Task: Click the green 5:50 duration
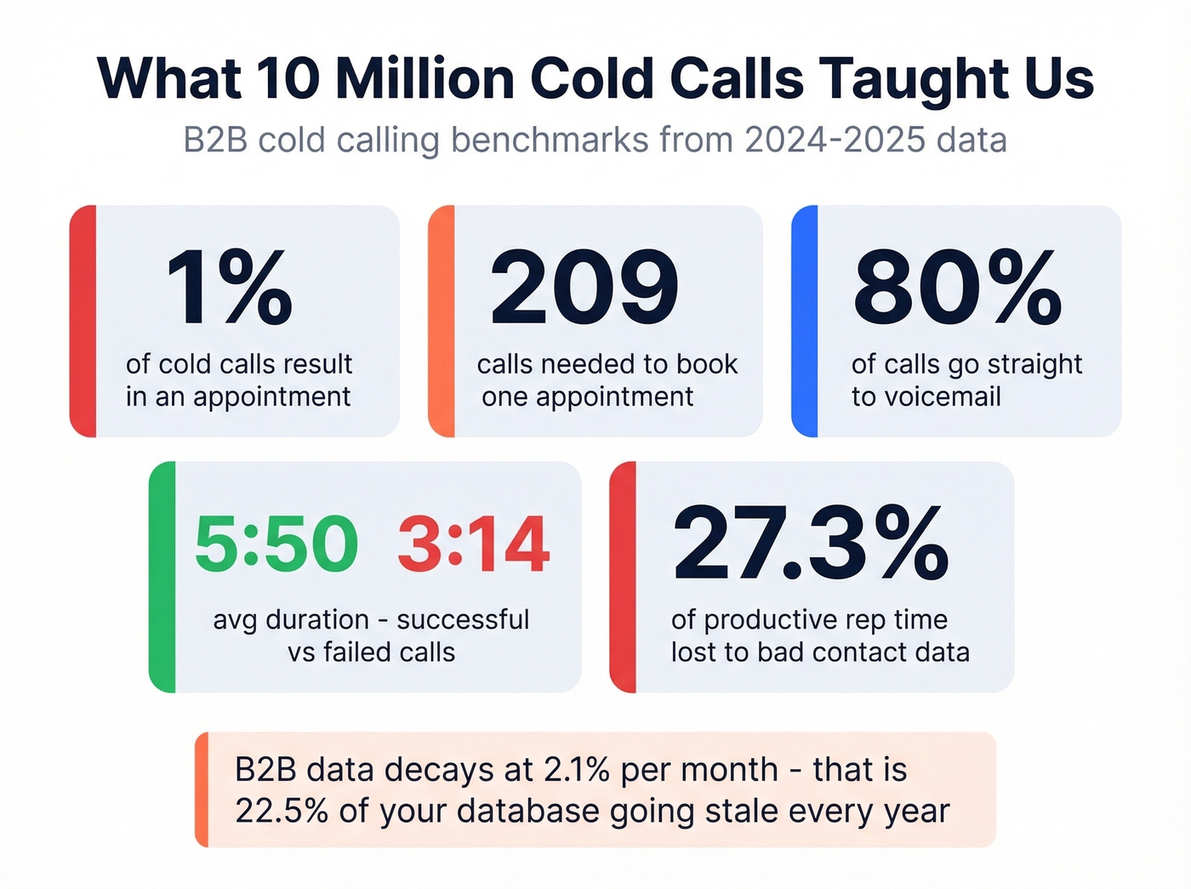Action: pyautogui.click(x=276, y=544)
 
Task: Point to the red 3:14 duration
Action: pyautogui.click(x=474, y=544)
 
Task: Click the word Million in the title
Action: pyautogui.click(x=425, y=78)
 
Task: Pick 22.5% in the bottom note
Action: pyautogui.click(x=282, y=811)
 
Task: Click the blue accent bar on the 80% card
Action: pyautogui.click(x=805, y=321)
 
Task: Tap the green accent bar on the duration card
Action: pyautogui.click(x=162, y=577)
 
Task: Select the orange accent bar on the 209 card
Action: pyautogui.click(x=442, y=321)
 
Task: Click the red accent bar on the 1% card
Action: pyautogui.click(x=83, y=321)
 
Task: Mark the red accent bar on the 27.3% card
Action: pyautogui.click(x=623, y=577)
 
